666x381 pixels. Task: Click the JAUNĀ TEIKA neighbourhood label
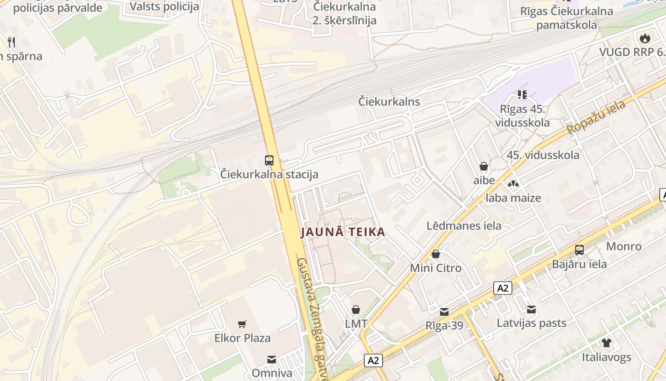click(343, 232)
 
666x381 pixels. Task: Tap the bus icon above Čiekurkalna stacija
click(269, 160)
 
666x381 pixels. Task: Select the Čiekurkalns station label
click(389, 101)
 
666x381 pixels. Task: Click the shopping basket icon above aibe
click(484, 166)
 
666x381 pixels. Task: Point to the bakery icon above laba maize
click(513, 183)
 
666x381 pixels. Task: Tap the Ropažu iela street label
click(596, 118)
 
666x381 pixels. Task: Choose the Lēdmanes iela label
click(464, 225)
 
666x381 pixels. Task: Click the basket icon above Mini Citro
click(435, 254)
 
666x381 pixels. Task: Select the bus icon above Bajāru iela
click(579, 250)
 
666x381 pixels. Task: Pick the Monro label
click(624, 246)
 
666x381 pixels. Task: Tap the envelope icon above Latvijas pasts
click(531, 310)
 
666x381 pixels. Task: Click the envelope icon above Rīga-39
click(444, 311)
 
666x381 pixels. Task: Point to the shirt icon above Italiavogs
click(606, 342)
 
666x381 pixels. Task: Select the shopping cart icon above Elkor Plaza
click(242, 324)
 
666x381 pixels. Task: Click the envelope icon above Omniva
click(271, 359)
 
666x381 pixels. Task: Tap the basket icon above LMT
click(355, 310)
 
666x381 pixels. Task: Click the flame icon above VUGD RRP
click(645, 38)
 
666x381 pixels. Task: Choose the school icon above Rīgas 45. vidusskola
click(522, 95)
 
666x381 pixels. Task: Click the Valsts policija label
click(164, 6)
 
